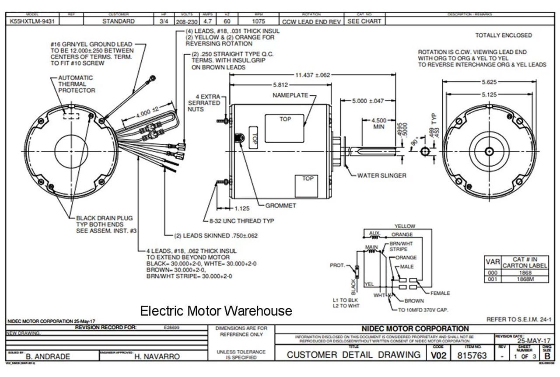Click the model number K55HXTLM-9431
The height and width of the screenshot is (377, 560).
[x=31, y=21]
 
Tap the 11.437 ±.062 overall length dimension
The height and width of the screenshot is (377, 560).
[x=312, y=75]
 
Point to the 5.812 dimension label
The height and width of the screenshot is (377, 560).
[x=280, y=85]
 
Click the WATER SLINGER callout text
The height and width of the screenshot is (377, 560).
[x=381, y=175]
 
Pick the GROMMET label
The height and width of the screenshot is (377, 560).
[x=281, y=205]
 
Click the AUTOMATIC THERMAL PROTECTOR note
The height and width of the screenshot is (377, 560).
[x=76, y=84]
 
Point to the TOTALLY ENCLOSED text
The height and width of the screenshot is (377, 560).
[x=504, y=35]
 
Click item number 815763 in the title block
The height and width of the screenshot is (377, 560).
[x=472, y=356]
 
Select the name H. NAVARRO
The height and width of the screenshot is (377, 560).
[x=157, y=356]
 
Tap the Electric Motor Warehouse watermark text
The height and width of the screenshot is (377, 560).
[x=216, y=311]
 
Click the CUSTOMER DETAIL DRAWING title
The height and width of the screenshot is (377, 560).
[x=353, y=355]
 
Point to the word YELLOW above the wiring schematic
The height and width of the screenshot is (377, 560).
[x=405, y=226]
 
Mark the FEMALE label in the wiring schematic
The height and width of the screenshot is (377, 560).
[x=440, y=293]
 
